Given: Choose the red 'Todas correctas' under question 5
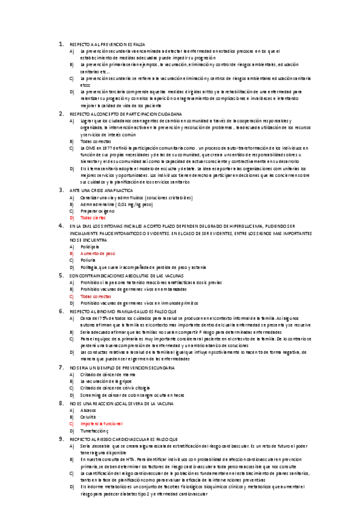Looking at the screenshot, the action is [95, 296].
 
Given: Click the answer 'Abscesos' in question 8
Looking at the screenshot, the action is [89, 410].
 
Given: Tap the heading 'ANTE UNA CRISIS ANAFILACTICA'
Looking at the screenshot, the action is [103, 189].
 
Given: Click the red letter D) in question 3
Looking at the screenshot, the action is [72, 217].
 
